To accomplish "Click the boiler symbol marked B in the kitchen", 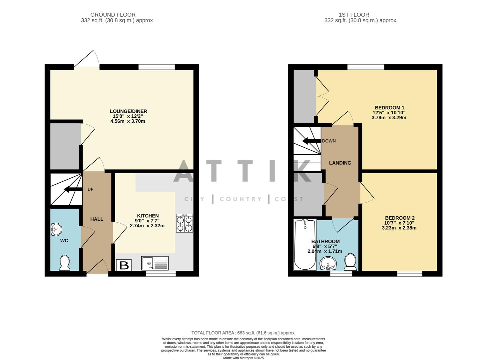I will (x=124, y=265).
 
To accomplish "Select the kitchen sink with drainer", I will (x=155, y=263).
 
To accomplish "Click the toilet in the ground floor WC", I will (x=64, y=263).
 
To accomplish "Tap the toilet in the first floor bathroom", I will (x=350, y=262).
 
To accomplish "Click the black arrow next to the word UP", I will (x=73, y=190).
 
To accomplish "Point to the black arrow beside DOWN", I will (x=311, y=141).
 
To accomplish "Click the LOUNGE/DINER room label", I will (x=128, y=111).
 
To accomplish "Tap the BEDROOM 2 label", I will (x=399, y=218).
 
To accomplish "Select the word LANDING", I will (x=340, y=163).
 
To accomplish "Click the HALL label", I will (x=97, y=219).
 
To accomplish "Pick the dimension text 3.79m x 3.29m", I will (x=389, y=118).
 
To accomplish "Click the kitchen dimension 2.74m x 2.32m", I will (x=147, y=226).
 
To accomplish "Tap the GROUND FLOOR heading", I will (x=113, y=15).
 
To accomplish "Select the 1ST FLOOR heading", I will (x=354, y=15).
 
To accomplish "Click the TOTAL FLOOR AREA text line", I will (x=243, y=333).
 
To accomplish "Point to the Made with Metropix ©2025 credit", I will (x=243, y=358).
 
